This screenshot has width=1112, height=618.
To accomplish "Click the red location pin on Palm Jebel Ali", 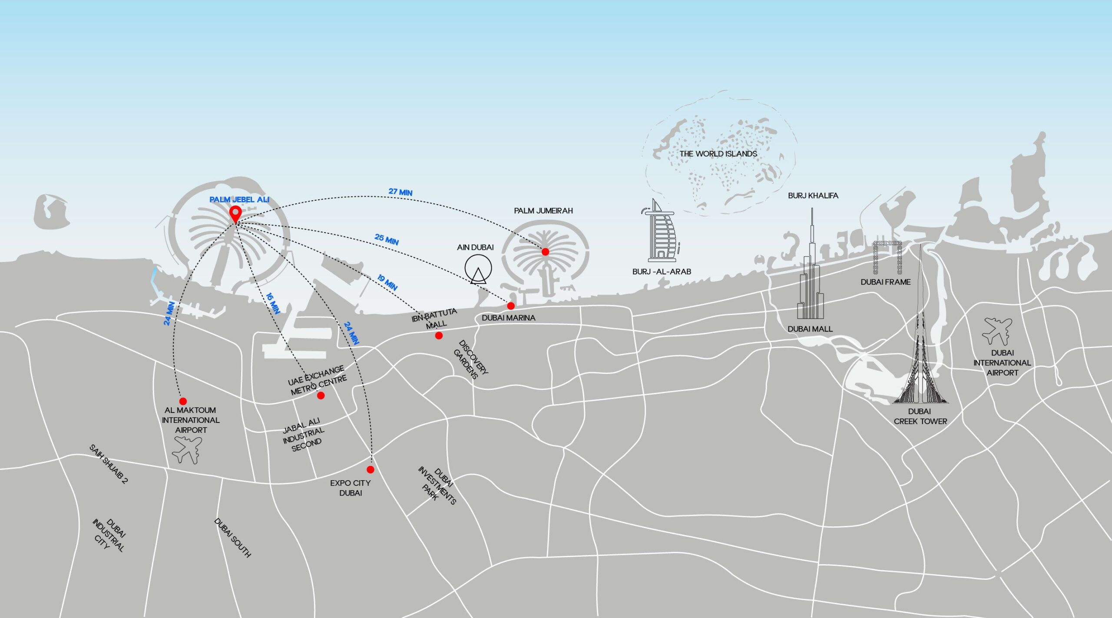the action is tap(235, 213).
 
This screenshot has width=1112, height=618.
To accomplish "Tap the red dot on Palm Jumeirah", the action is tap(545, 252).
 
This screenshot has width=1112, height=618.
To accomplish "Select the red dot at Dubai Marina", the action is tap(511, 306).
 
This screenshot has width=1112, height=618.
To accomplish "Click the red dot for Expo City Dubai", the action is tap(370, 469).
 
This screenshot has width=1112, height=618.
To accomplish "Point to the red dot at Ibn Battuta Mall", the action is tap(439, 336).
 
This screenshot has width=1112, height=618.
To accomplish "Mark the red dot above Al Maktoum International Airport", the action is tap(183, 401).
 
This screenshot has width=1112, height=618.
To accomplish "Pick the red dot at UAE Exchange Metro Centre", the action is tap(321, 395).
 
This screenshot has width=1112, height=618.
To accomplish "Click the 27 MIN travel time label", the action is tap(400, 192).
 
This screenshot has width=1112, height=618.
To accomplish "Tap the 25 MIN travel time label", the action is tap(387, 239).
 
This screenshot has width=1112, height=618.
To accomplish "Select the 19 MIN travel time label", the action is tap(387, 282).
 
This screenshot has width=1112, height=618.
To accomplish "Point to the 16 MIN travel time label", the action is tap(273, 303).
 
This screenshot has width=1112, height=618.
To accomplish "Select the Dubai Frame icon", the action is tap(887, 257).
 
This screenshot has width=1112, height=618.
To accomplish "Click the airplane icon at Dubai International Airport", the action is tap(997, 331).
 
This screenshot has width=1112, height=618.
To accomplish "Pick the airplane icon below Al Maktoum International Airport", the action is tap(188, 450).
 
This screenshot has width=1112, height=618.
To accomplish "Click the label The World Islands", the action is tap(718, 154).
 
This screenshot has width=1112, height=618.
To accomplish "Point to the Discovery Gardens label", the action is tap(470, 359).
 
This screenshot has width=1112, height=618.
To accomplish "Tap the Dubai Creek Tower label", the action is tap(920, 416).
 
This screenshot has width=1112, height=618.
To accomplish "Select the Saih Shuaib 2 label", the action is tap(109, 464).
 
